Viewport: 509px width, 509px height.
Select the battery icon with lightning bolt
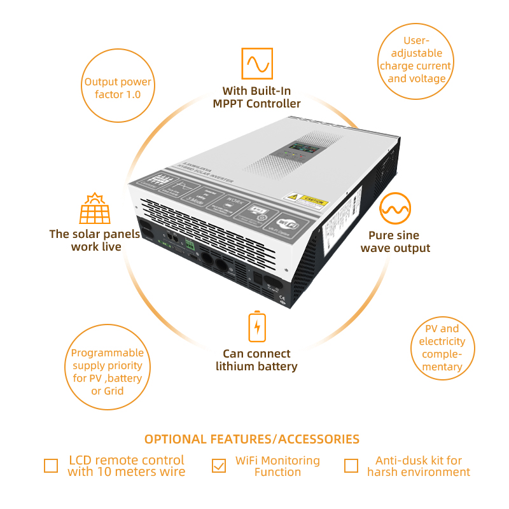click(x=256, y=326)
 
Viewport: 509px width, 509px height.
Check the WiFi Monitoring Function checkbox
click(x=219, y=466)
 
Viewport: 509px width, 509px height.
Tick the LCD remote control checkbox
click(x=51, y=466)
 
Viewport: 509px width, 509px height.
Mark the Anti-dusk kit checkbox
click(x=351, y=466)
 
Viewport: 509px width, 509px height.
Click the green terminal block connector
click(x=189, y=244)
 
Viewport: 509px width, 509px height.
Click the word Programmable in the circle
click(x=108, y=353)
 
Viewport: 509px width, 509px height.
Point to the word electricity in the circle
click(x=442, y=341)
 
